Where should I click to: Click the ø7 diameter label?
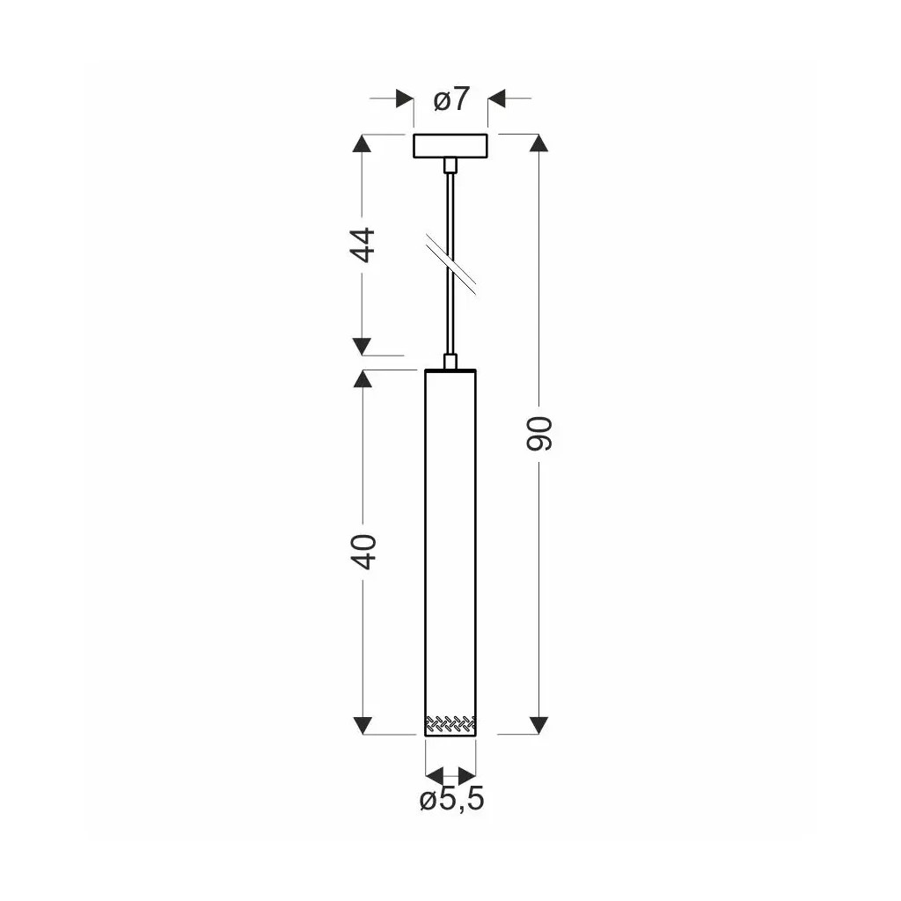pyautogui.click(x=451, y=99)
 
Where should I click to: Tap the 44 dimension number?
pyautogui.click(x=363, y=245)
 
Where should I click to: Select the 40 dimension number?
pyautogui.click(x=363, y=552)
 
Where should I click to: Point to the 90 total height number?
pyautogui.click(x=539, y=434)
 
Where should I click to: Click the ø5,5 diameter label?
pyautogui.click(x=451, y=799)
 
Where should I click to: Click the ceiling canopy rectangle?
pyautogui.click(x=450, y=146)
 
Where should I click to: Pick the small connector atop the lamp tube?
pyautogui.click(x=450, y=362)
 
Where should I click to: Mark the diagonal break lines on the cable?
pyautogui.click(x=450, y=264)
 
